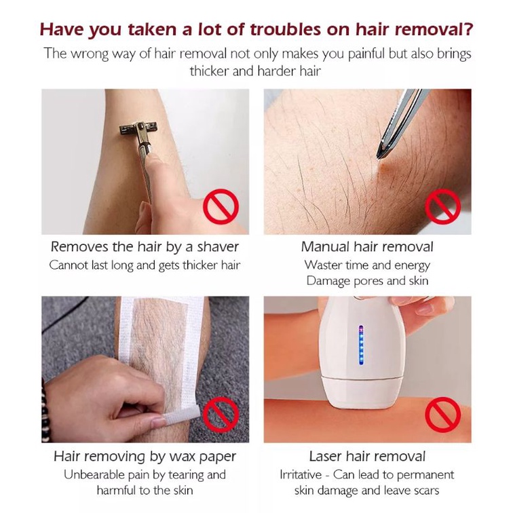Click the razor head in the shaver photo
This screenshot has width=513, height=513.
138,129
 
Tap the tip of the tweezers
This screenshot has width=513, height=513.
378,157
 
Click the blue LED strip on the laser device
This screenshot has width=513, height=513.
361,345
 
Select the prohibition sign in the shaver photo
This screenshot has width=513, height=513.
221,207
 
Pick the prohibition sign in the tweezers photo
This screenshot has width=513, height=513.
442,207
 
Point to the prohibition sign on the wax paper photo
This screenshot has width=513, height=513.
221,415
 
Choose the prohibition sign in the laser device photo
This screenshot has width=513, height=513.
442,415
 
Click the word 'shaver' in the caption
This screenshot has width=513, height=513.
218,247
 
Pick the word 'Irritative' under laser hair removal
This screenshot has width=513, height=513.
301,475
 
